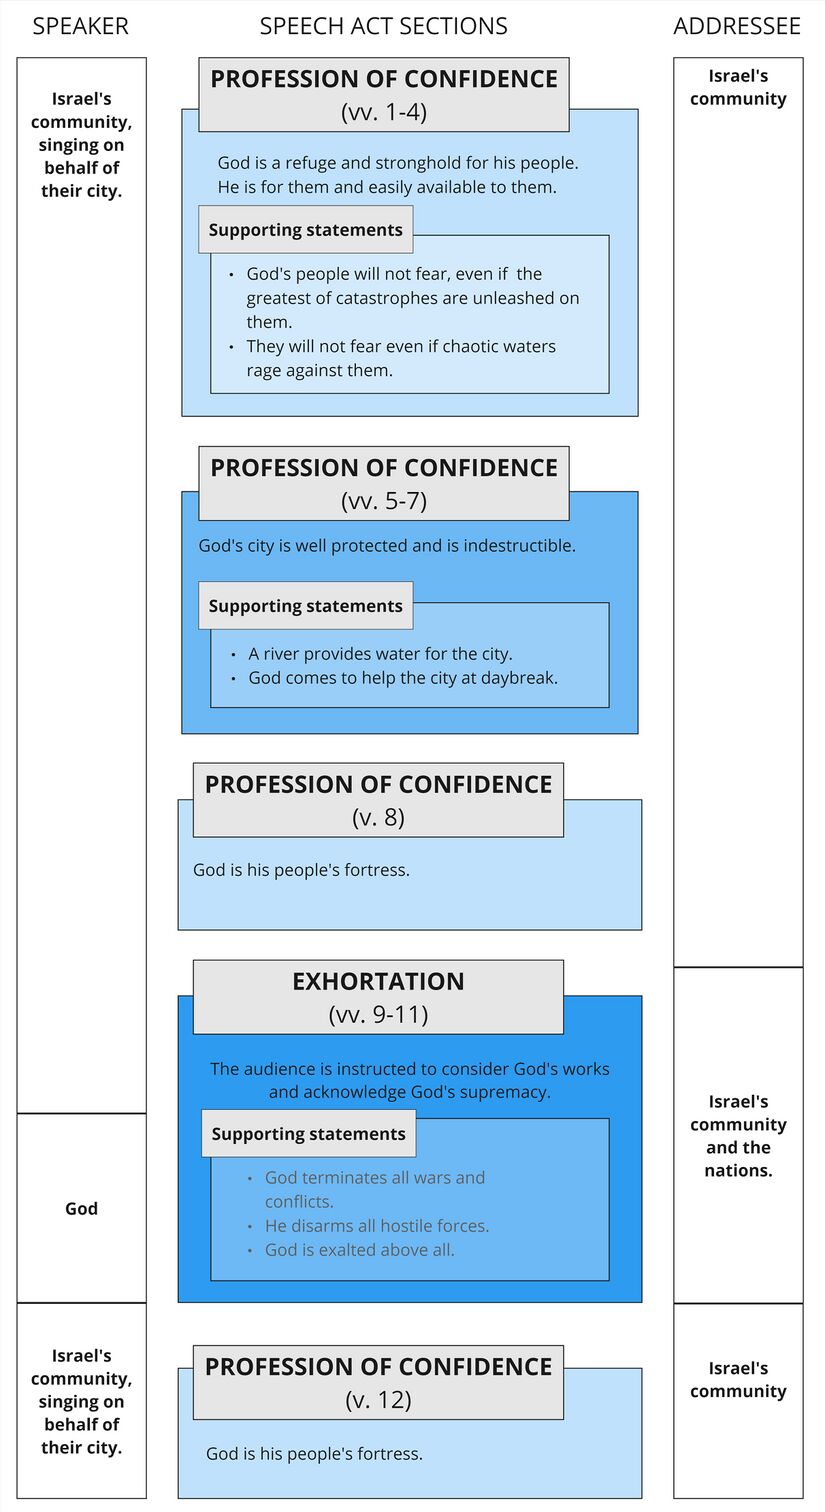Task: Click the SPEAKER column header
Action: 80,26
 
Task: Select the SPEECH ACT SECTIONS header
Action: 383,26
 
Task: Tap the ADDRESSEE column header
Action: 737,26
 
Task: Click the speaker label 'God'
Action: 81,1208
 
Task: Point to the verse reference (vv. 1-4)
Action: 383,112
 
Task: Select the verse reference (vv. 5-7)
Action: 383,501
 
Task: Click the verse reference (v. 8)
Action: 378,817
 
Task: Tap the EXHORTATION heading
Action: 378,981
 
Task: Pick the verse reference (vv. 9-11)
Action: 378,1014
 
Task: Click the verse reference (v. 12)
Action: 378,1400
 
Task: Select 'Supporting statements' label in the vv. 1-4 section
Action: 305,230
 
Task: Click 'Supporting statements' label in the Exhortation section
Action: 308,1134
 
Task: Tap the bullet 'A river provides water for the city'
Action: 380,654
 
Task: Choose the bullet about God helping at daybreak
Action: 403,678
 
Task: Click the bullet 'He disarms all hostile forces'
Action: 376,1226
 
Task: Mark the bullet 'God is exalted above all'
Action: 359,1250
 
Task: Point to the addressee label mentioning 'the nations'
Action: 738,1136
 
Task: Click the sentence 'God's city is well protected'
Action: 387,546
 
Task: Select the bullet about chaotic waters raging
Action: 401,358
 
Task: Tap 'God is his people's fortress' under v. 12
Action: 314,1454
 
